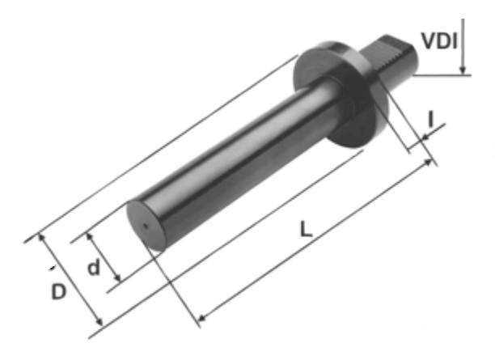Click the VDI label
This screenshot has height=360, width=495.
(439, 41)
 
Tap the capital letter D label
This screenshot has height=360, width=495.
(59, 291)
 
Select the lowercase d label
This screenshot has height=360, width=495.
(94, 268)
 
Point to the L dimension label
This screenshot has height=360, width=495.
(306, 229)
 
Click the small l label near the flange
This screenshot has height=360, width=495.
(430, 120)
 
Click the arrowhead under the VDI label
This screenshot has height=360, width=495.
(463, 70)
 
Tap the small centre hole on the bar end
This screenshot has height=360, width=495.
(146, 226)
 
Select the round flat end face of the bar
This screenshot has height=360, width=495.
(146, 226)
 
